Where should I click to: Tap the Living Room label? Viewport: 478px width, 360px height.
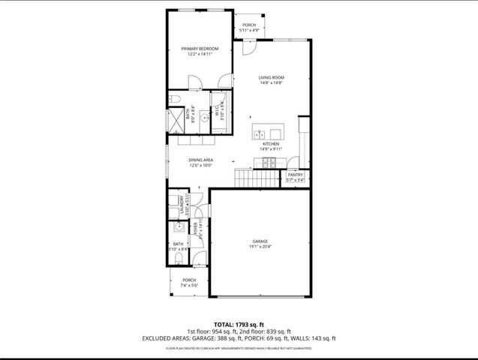coord(271,78)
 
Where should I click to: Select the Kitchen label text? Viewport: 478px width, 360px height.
coord(271,143)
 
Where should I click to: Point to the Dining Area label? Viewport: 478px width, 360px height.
coord(200,160)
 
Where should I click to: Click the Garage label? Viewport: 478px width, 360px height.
coord(260,241)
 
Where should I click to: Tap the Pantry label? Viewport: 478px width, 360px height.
coord(295,175)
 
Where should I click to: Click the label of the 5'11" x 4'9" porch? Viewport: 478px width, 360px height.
coord(249,25)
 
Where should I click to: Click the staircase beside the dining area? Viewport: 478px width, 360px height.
coord(256,178)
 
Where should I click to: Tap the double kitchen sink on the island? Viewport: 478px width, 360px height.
coord(259,134)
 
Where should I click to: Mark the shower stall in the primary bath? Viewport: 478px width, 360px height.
coord(175,121)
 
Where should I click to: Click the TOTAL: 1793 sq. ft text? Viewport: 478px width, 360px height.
coord(239,323)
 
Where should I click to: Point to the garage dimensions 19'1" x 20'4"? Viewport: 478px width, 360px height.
coord(260,246)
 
